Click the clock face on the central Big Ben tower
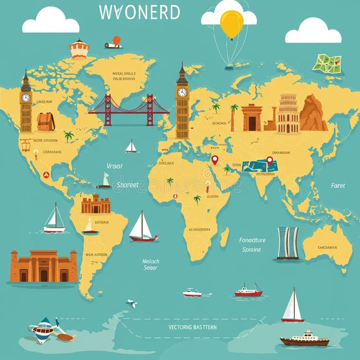[x=182, y=92]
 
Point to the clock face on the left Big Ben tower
[x=26, y=98]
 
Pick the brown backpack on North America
[x=45, y=122]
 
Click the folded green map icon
[x=327, y=64]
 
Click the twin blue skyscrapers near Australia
[x=287, y=243]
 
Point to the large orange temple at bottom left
[x=44, y=266]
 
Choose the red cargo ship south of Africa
[x=248, y=291]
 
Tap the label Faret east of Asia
[x=337, y=186]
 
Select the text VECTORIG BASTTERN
[x=192, y=327]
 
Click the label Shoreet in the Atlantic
[x=127, y=185]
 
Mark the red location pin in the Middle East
[x=215, y=160]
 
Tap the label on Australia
[x=327, y=247]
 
